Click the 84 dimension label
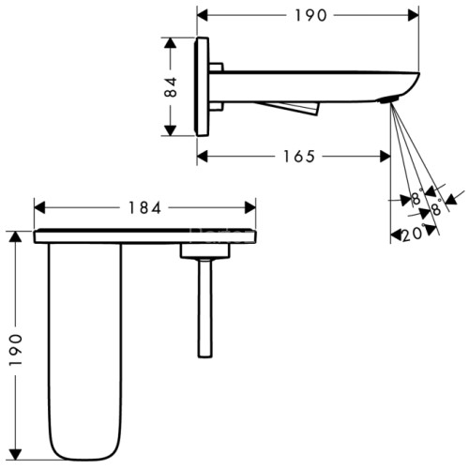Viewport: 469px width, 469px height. click(x=171, y=87)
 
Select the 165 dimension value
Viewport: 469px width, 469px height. click(x=299, y=157)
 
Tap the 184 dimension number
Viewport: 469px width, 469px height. click(x=144, y=208)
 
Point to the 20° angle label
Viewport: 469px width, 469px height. click(x=414, y=234)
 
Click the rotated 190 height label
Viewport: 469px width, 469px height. click(x=15, y=350)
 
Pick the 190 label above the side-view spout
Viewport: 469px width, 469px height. click(x=310, y=15)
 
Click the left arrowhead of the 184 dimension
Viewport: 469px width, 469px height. click(x=39, y=208)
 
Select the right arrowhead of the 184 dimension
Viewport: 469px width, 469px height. click(x=250, y=208)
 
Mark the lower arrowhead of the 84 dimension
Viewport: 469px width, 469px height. click(x=170, y=130)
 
